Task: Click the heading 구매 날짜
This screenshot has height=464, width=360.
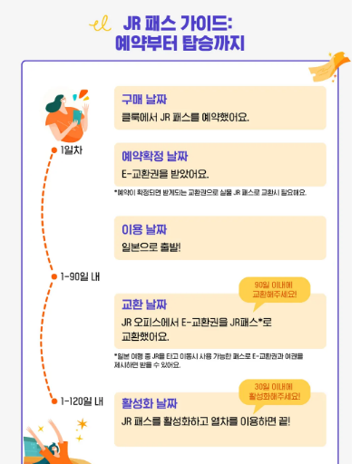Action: tap(144, 99)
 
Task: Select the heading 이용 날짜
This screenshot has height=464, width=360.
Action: tap(144, 227)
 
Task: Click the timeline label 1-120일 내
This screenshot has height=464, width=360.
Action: tap(82, 401)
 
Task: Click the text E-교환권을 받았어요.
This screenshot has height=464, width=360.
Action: tap(165, 174)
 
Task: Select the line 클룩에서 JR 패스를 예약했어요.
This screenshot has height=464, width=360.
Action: tap(185, 117)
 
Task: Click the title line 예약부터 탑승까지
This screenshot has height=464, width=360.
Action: tap(180, 43)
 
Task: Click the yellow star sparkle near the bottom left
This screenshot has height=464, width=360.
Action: tap(81, 423)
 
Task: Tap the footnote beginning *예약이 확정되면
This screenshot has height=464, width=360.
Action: tap(210, 192)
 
